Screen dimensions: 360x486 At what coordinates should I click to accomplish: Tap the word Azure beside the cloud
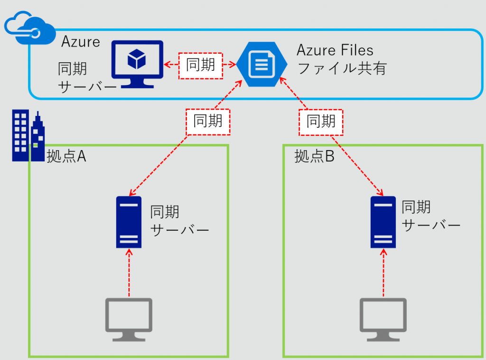click(81, 42)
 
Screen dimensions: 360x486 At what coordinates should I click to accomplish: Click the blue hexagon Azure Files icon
click(262, 64)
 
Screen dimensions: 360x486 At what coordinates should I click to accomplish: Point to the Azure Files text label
click(335, 50)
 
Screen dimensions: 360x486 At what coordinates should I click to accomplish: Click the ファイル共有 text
click(341, 68)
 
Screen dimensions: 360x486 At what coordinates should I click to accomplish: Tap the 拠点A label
click(66, 157)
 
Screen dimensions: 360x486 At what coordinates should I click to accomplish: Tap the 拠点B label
click(314, 157)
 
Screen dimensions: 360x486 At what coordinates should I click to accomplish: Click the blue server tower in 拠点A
click(129, 222)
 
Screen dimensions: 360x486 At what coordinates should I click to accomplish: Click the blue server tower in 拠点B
click(383, 222)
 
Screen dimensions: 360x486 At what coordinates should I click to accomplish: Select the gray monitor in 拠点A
click(129, 319)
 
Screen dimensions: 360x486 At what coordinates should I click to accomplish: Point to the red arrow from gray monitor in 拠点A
click(129, 274)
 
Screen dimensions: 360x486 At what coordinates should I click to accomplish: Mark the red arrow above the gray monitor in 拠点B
click(383, 274)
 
